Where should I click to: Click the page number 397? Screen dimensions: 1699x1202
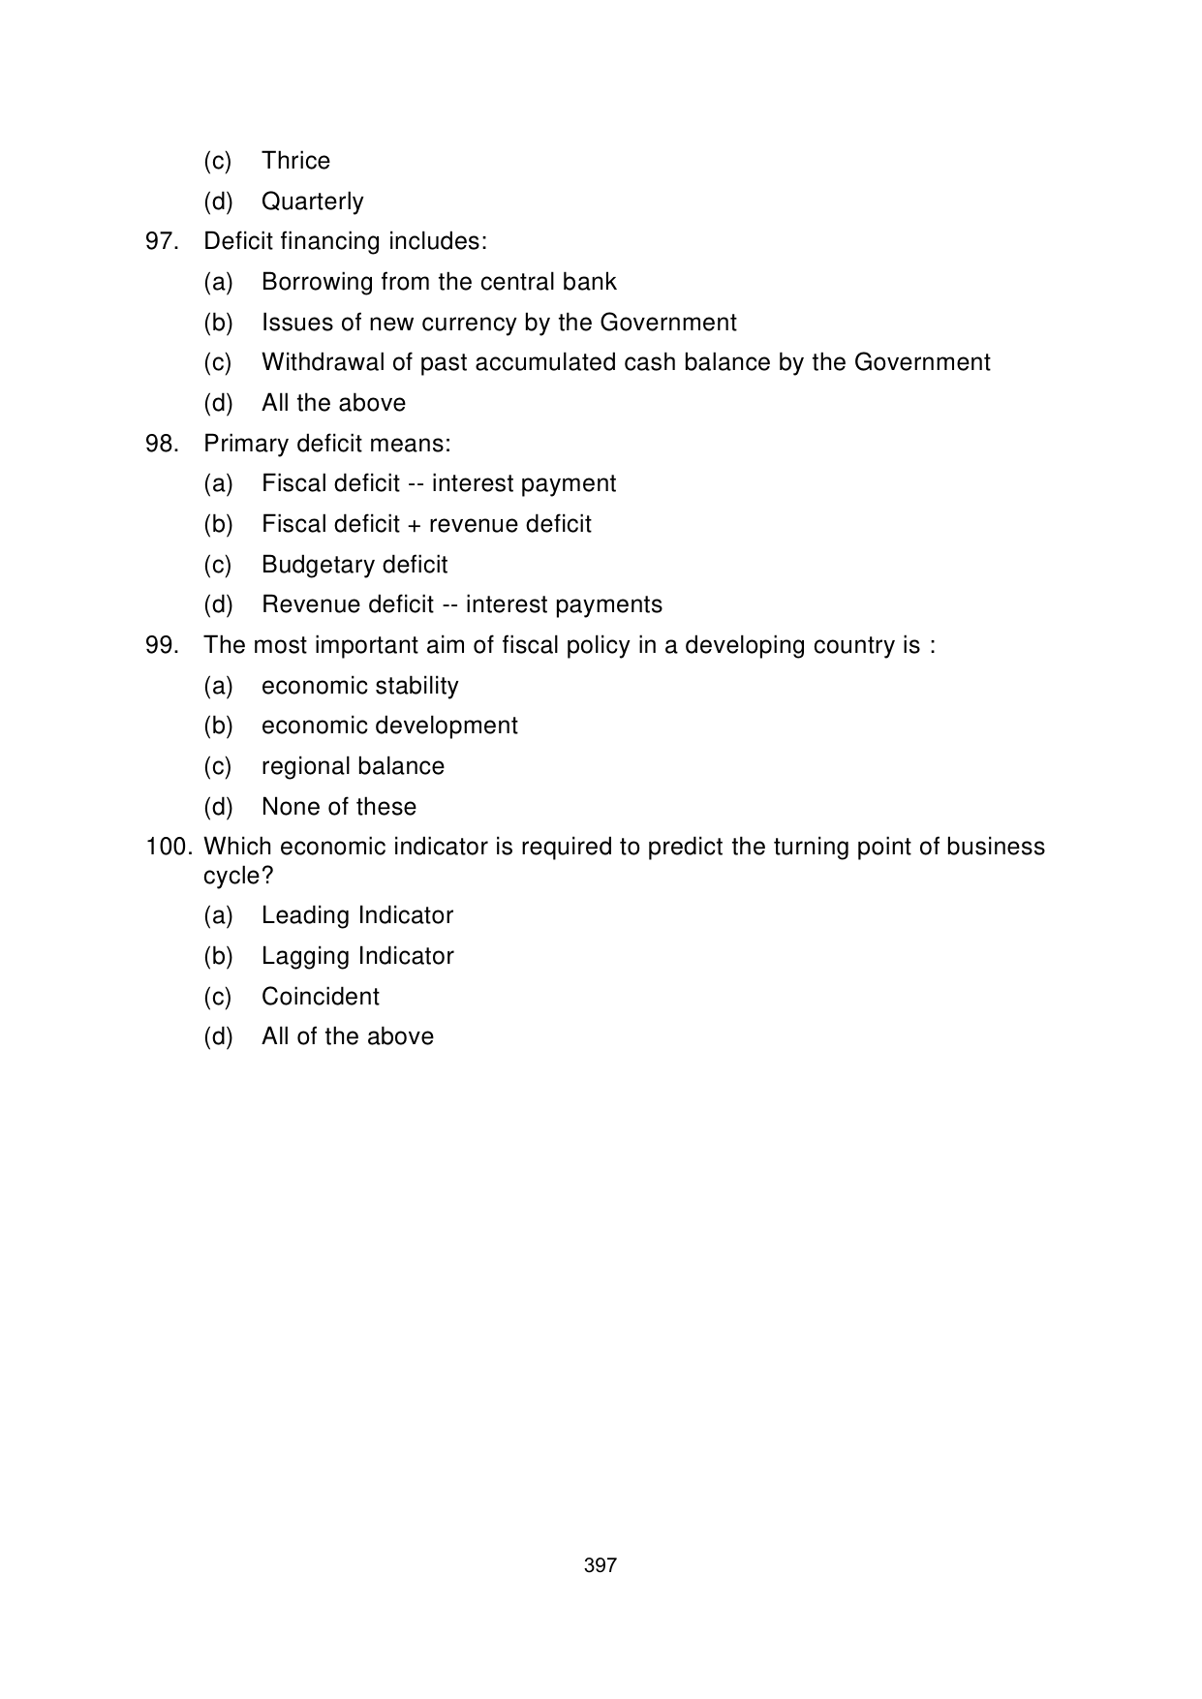(x=601, y=1565)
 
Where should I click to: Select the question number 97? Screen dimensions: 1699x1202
(x=162, y=241)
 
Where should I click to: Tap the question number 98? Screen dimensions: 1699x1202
(x=162, y=444)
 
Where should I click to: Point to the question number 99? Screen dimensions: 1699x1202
(x=162, y=645)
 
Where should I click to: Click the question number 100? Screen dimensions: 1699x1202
(x=170, y=848)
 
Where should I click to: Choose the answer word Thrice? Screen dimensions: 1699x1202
(x=295, y=161)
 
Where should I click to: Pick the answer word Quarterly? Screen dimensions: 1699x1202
(x=313, y=201)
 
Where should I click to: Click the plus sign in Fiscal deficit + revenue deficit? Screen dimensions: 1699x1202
(x=414, y=525)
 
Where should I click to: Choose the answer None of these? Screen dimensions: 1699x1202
(x=339, y=807)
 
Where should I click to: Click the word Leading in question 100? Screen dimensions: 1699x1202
(x=305, y=916)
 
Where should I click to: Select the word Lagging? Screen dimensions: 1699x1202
(x=305, y=957)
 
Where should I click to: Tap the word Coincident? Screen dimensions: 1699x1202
(x=321, y=997)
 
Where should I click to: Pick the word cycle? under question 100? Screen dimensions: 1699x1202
(x=238, y=876)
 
